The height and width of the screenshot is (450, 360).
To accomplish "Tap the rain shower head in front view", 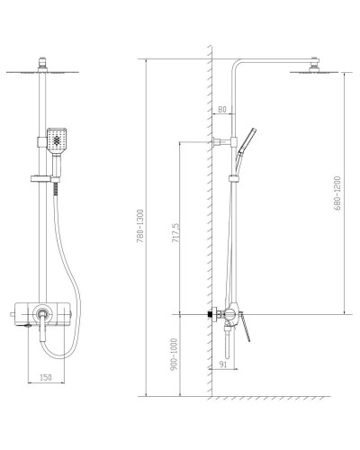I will (43, 70).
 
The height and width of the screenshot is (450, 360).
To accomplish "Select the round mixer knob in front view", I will (42, 315).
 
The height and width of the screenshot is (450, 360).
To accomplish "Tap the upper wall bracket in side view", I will (218, 141).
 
